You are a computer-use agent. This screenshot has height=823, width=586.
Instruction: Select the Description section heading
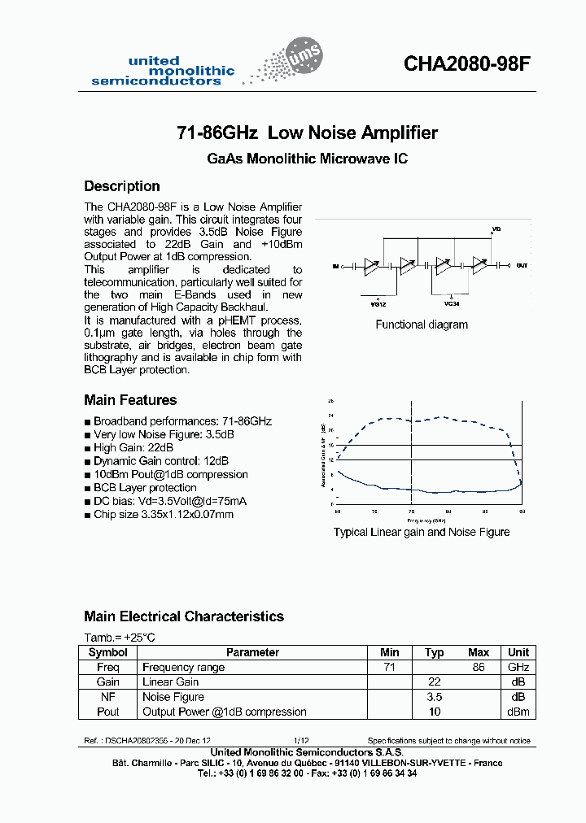(122, 186)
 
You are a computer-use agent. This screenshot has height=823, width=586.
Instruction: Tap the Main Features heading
(130, 400)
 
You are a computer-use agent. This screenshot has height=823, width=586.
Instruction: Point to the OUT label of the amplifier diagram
(522, 265)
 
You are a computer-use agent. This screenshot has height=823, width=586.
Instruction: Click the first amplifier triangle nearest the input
(371, 264)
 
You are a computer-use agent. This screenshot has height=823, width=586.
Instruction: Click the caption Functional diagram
(422, 324)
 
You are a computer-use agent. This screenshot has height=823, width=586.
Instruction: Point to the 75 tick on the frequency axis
(412, 512)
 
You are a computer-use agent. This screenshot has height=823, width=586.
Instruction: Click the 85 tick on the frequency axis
(485, 512)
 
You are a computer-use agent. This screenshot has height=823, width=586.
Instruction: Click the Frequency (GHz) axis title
(427, 519)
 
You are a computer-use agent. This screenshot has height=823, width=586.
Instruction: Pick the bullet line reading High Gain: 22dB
(133, 448)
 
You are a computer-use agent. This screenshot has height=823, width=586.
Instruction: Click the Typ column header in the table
(434, 652)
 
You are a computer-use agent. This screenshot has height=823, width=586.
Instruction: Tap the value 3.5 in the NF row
(434, 697)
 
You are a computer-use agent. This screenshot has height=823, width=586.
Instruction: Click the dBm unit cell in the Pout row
(518, 712)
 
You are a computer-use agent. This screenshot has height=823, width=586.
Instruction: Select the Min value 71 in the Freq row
(389, 667)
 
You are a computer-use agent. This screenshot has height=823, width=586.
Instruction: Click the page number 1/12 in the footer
(301, 741)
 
